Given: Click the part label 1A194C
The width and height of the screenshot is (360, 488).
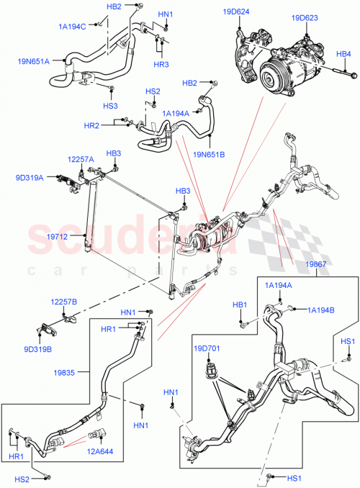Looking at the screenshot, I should pyautogui.click(x=72, y=26).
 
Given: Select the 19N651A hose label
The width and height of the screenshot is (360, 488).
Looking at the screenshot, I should pyautogui.click(x=33, y=61).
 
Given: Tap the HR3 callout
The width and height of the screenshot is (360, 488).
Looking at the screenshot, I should pyautogui.click(x=161, y=65).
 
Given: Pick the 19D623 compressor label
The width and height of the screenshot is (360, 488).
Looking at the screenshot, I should pyautogui.click(x=305, y=18).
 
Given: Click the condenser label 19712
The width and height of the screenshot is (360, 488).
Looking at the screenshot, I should pyautogui.click(x=59, y=234).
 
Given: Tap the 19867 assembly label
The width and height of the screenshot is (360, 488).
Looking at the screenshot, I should pyautogui.click(x=315, y=265).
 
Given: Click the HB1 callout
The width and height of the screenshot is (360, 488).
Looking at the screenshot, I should pyautogui.click(x=239, y=304).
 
